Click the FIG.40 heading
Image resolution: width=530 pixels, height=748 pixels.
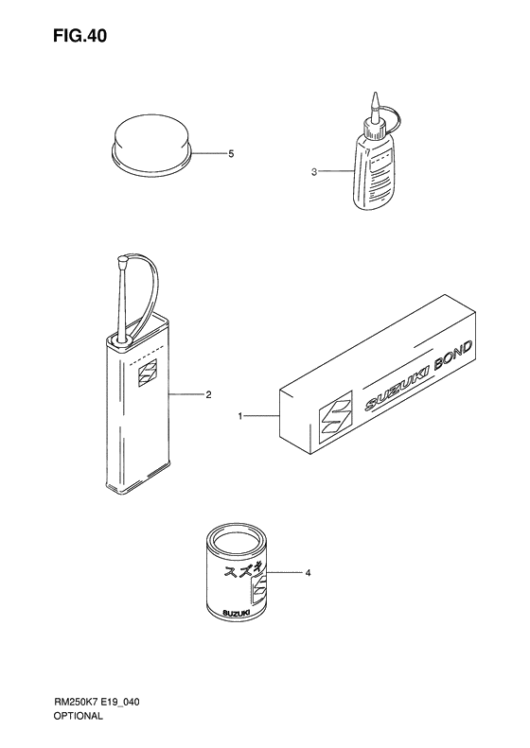pyautogui.click(x=79, y=36)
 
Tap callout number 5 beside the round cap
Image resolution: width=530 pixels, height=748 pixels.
pyautogui.click(x=231, y=153)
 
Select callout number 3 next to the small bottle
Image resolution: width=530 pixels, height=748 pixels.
pyautogui.click(x=313, y=172)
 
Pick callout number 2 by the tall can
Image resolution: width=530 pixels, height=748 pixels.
pyautogui.click(x=208, y=394)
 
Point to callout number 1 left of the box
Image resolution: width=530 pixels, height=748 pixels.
pyautogui.click(x=240, y=416)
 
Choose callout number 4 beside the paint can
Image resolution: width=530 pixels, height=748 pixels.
pyautogui.click(x=308, y=572)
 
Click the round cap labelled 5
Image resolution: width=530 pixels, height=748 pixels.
pyautogui.click(x=151, y=142)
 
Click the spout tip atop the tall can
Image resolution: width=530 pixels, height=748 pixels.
pyautogui.click(x=122, y=261)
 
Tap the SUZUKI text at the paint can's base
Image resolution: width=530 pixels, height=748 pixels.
pyautogui.click(x=235, y=614)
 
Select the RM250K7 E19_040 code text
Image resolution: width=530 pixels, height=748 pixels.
pyautogui.click(x=96, y=702)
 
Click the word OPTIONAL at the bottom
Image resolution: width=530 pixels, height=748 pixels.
pyautogui.click(x=78, y=716)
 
